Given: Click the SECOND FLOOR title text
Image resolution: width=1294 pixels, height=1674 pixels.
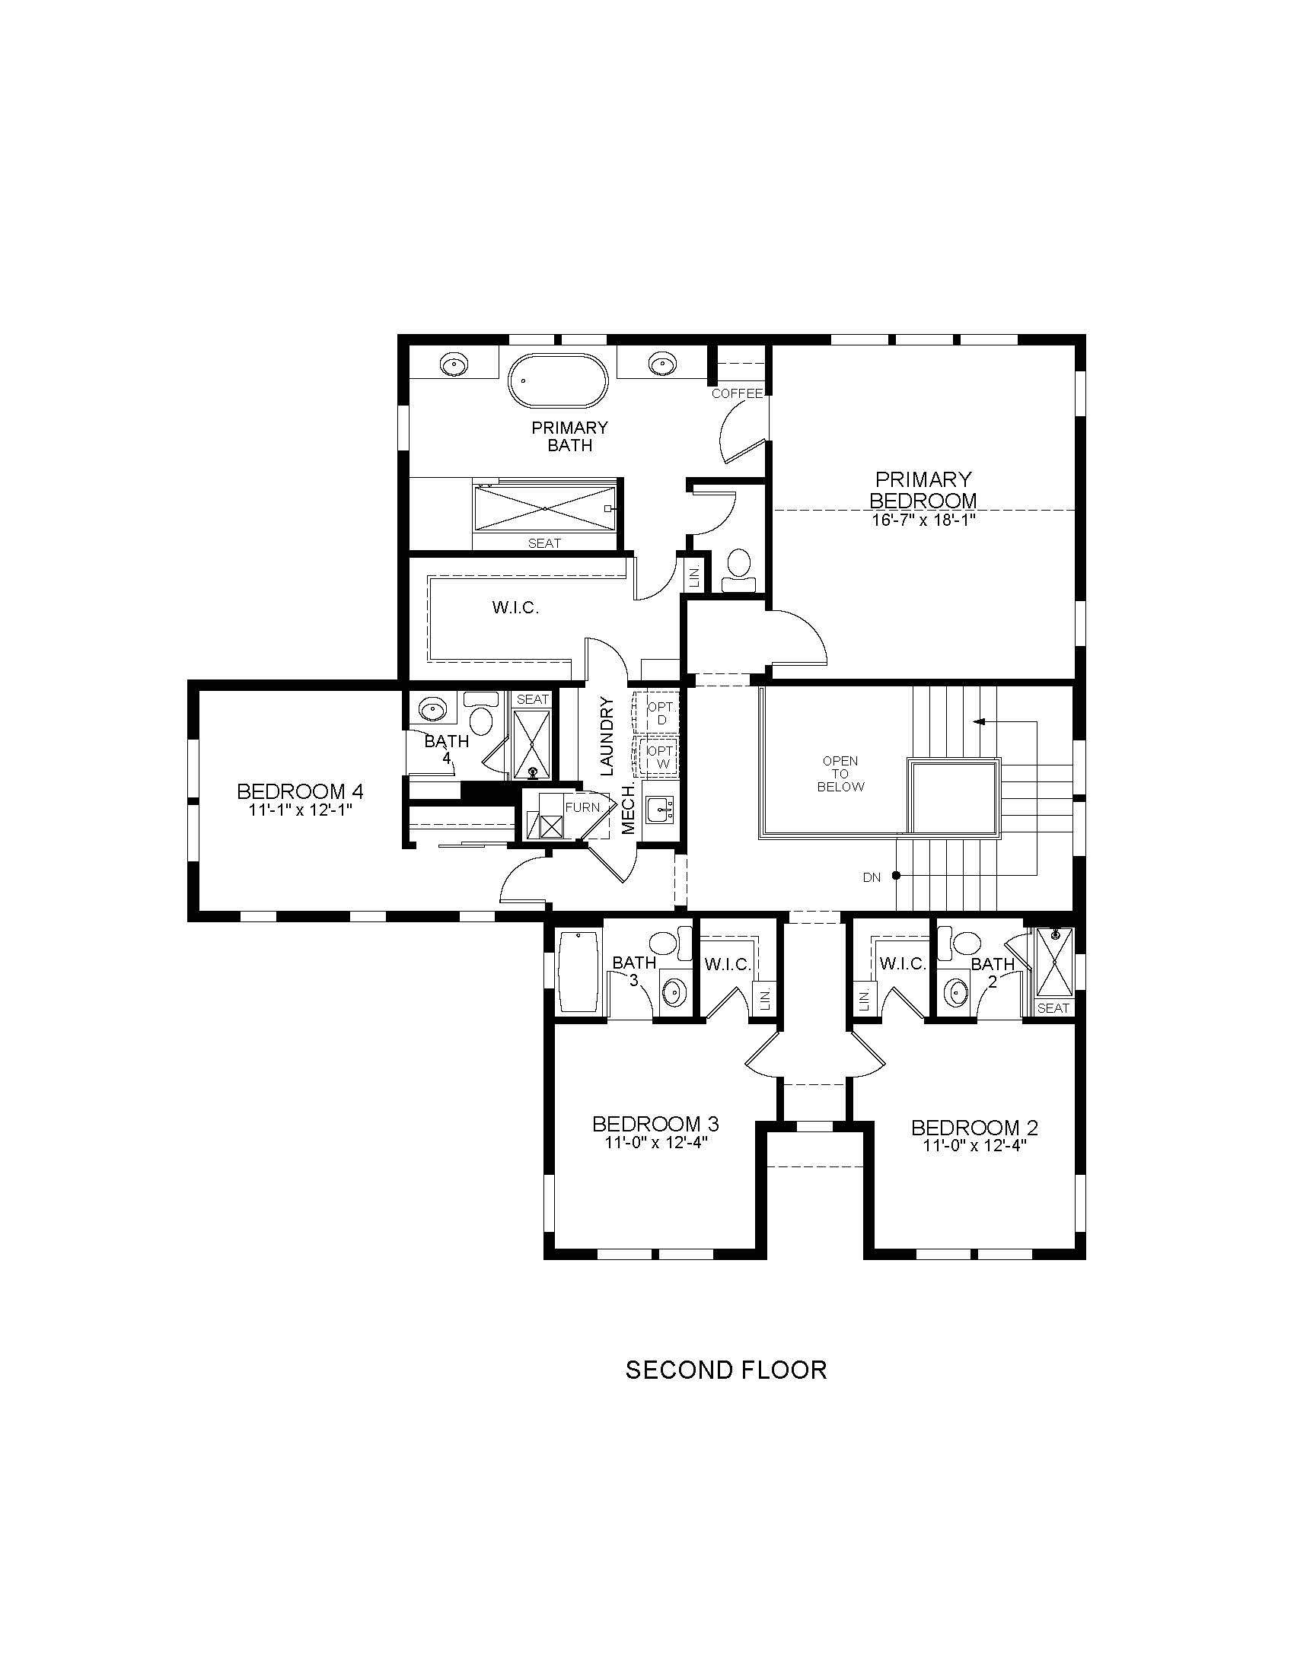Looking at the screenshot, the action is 726,1370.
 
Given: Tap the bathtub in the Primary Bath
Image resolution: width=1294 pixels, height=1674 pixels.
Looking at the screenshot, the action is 558,380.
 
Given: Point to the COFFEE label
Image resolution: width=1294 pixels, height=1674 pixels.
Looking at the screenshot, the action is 738,393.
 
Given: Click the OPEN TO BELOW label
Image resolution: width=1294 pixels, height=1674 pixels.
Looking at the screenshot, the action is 840,773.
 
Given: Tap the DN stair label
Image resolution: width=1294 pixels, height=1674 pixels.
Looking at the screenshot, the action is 872,877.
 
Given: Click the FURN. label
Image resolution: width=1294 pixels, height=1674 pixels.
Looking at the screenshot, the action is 583,807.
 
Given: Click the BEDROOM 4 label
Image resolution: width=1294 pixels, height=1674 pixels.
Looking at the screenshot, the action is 300,791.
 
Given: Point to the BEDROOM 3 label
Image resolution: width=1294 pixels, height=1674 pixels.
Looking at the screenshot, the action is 655,1124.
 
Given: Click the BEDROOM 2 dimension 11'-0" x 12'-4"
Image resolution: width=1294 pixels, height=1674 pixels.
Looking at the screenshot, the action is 974,1146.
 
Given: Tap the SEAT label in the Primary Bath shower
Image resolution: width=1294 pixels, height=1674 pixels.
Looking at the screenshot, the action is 544,543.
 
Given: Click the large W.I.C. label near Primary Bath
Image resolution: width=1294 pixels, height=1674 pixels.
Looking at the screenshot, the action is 516,608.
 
